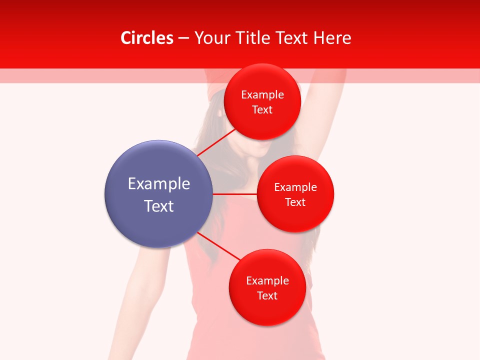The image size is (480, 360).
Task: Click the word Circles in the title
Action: pos(147,38)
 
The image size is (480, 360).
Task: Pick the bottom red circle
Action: pos(267,310)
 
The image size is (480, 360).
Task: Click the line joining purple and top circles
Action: pos(216,142)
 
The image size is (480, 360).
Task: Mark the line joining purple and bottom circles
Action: pos(218,246)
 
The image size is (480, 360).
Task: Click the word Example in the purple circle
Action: pos(159,184)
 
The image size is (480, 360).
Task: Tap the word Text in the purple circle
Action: pos(159,206)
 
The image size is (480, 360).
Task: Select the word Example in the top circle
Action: pos(262,95)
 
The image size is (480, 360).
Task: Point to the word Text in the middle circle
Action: pos(295,202)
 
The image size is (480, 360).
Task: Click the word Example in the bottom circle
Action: pos(267,281)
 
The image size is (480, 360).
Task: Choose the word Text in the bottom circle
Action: pos(267,296)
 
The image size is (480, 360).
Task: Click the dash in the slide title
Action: pos(183,38)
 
